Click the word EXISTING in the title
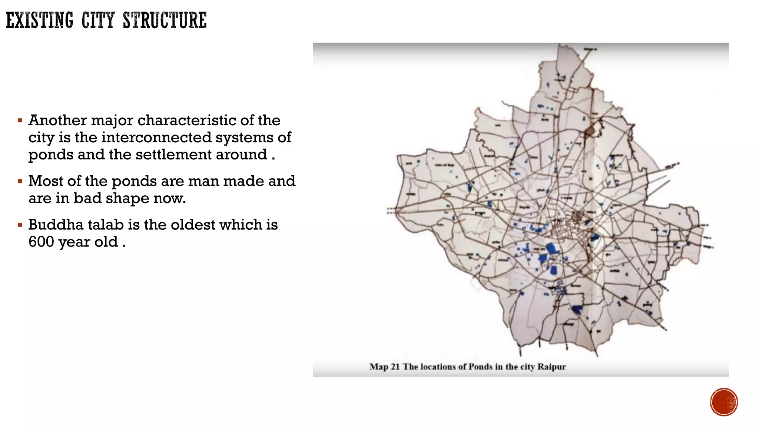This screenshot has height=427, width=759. pyautogui.click(x=40, y=20)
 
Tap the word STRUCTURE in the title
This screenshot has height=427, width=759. pyautogui.click(x=165, y=20)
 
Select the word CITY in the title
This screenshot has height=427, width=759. pyautogui.click(x=98, y=20)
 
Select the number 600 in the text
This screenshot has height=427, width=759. pyautogui.click(x=41, y=242)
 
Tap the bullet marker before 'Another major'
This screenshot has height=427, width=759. pyautogui.click(x=20, y=121)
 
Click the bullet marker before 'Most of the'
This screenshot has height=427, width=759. pyautogui.click(x=20, y=182)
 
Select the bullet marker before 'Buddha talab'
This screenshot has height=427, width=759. pyautogui.click(x=20, y=225)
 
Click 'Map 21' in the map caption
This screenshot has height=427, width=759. pyautogui.click(x=385, y=367)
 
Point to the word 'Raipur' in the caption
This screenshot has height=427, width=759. pyautogui.click(x=551, y=367)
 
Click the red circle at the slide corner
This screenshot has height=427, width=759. pyautogui.click(x=724, y=402)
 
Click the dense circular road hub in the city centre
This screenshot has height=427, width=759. pyautogui.click(x=577, y=217)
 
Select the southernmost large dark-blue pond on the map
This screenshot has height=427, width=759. pyautogui.click(x=576, y=309)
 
